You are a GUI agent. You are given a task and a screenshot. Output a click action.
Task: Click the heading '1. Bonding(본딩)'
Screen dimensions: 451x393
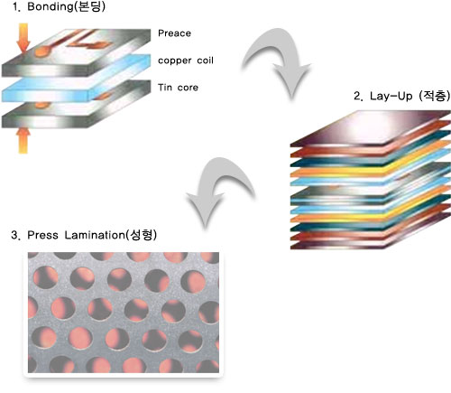[60, 6]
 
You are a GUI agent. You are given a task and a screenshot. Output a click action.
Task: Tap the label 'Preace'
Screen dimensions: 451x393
[174, 33]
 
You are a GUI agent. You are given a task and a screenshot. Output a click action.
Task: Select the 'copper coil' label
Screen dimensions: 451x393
[186, 61]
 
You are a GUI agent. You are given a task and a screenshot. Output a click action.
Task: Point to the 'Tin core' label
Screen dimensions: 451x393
[178, 88]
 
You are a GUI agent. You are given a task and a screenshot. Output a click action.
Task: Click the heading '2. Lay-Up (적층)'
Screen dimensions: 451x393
[401, 96]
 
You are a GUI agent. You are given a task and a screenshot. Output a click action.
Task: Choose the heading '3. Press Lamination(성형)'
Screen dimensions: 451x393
[84, 235]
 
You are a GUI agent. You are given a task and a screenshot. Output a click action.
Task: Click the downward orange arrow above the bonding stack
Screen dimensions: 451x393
[23, 39]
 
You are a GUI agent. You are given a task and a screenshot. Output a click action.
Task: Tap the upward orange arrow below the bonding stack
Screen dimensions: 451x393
[23, 140]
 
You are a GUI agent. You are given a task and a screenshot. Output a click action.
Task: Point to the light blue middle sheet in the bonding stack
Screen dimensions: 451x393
[75, 79]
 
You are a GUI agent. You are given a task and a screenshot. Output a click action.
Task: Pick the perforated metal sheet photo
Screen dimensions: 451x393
[124, 313]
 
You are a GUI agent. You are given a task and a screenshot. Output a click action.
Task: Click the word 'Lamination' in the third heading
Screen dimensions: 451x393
[95, 235]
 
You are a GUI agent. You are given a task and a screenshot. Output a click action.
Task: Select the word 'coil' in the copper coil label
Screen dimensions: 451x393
[205, 61]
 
